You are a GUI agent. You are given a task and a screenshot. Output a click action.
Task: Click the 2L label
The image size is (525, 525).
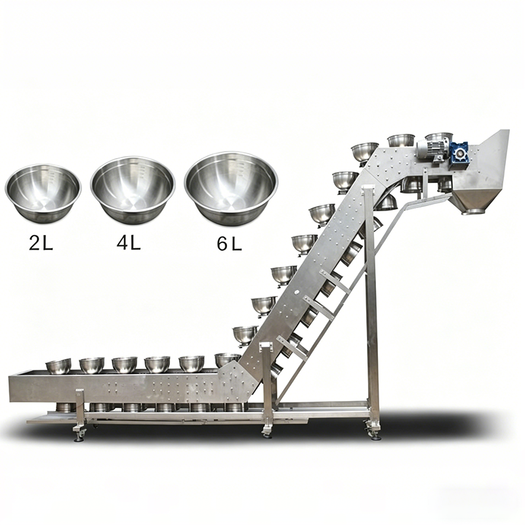(x=41, y=243)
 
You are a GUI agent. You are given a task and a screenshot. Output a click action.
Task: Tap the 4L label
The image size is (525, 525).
(x=129, y=242)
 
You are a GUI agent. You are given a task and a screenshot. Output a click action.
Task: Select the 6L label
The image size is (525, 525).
(x=229, y=243)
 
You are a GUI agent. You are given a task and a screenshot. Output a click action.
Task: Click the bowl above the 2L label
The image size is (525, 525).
(x=43, y=194)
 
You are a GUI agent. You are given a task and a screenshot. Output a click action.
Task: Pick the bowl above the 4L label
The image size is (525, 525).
(x=133, y=190)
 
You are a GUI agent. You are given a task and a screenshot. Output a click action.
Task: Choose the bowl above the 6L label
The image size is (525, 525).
(x=231, y=188)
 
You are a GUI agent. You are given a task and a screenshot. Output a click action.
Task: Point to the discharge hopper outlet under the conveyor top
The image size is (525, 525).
(x=472, y=211)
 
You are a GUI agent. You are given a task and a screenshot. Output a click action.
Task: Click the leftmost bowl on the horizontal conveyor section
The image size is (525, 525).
(x=58, y=366)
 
